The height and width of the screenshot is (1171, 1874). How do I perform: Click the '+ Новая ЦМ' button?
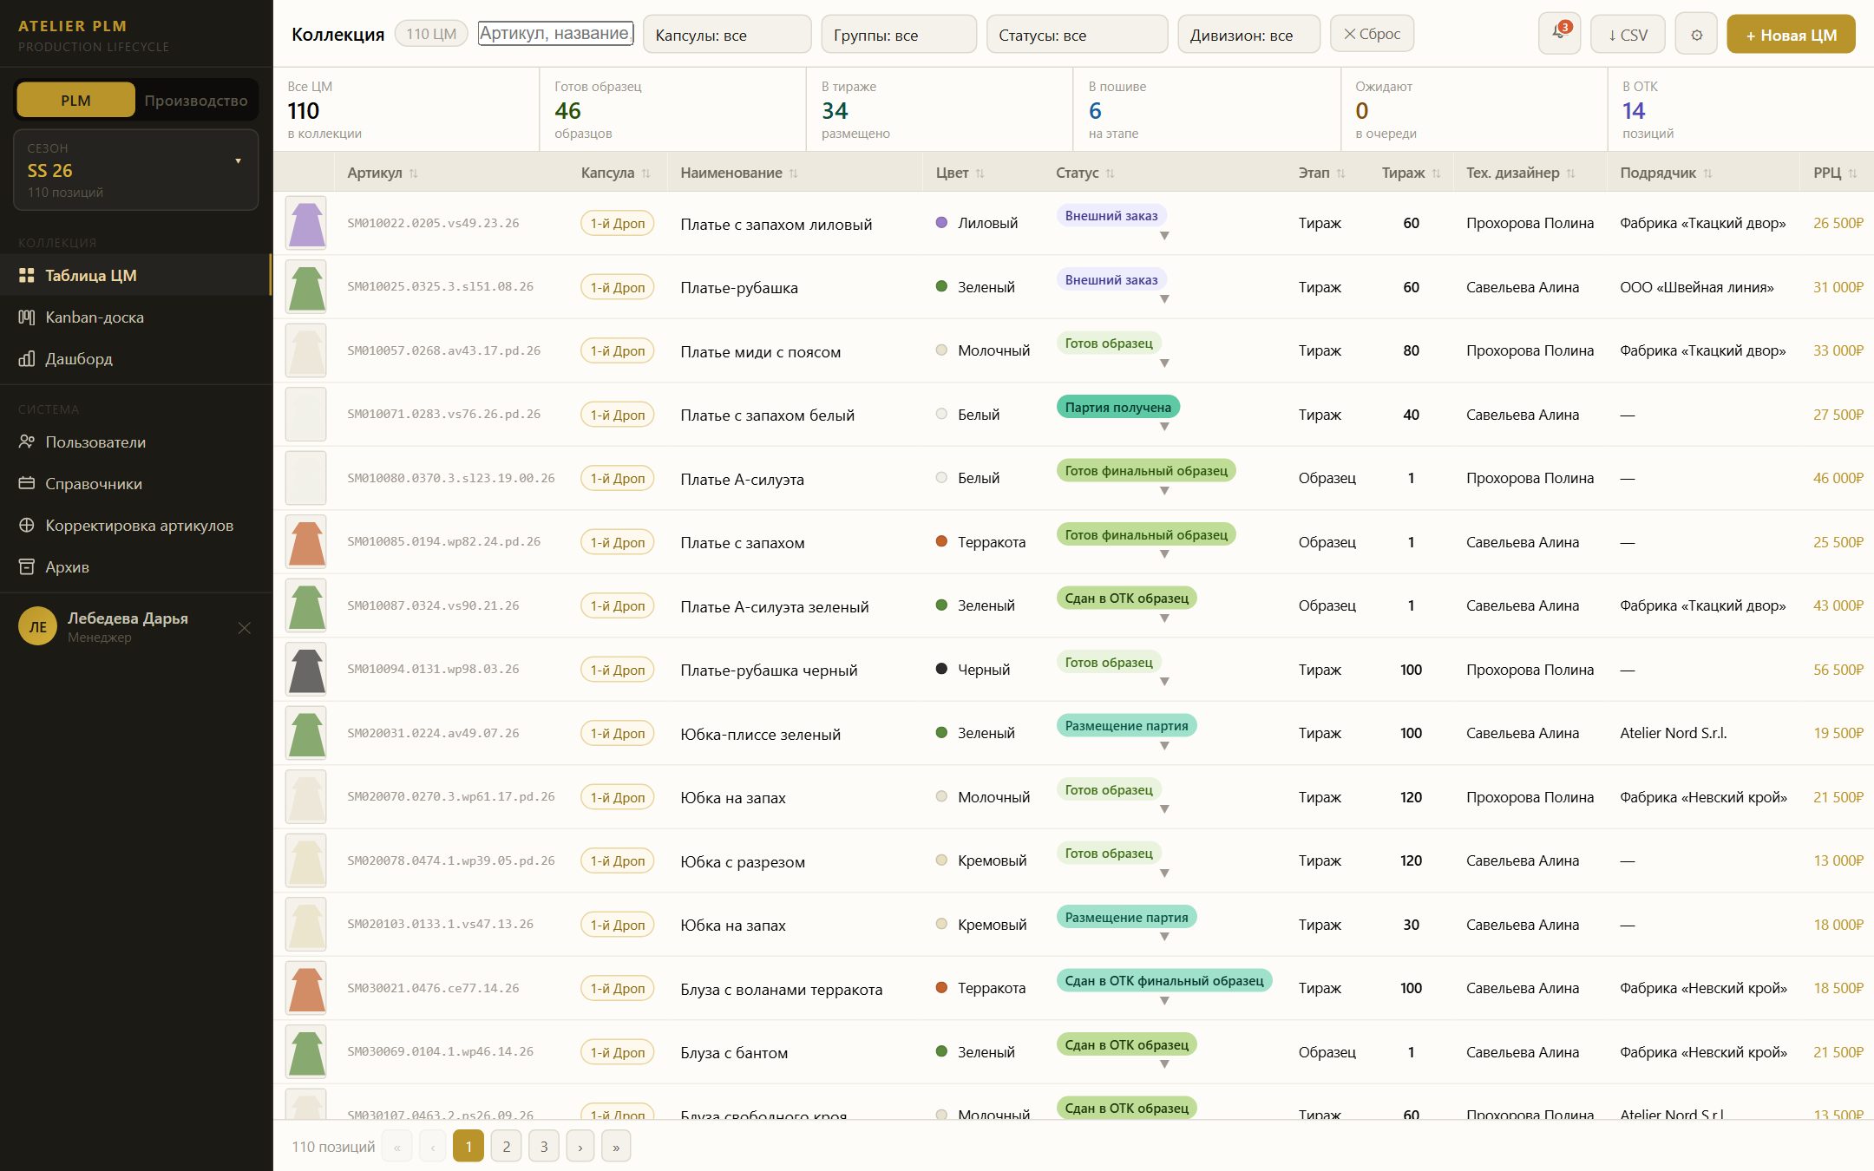pos(1791,35)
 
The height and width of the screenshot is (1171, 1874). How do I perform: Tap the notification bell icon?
pos(1559,35)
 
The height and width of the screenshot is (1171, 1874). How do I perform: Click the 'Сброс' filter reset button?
pos(1372,34)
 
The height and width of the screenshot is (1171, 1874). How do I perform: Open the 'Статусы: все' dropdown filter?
pos(1077,35)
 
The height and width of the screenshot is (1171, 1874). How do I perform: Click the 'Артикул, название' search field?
pos(555,33)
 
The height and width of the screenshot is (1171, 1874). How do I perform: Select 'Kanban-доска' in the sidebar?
pos(94,317)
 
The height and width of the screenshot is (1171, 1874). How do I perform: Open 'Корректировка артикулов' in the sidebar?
pos(139,526)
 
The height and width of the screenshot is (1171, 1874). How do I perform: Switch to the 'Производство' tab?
pos(196,101)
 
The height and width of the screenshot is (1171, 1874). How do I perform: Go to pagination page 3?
pos(544,1147)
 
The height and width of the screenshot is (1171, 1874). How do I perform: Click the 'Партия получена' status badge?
pos(1117,407)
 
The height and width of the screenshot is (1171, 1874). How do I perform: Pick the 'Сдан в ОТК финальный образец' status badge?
pos(1164,981)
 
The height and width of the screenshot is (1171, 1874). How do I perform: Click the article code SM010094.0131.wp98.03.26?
pos(433,670)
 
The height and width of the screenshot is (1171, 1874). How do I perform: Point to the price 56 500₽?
pos(1838,670)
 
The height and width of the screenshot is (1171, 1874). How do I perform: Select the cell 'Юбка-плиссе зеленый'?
pos(760,735)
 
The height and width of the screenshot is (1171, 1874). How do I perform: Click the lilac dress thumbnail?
pos(306,223)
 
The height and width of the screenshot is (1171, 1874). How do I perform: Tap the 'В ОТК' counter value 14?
pos(1633,111)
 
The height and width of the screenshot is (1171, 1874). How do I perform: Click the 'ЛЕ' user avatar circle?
pos(37,627)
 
